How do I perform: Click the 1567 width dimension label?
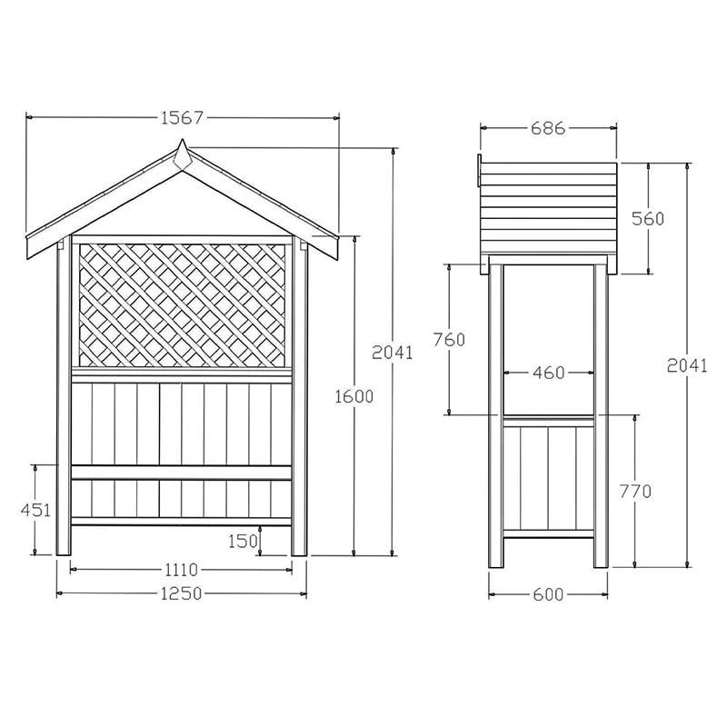pos(181,117)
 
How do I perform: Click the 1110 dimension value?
pos(181,570)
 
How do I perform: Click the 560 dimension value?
pos(649,218)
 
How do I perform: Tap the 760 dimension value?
pos(449,339)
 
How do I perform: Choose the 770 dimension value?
pos(635,491)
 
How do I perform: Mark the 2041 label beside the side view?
pos(687,364)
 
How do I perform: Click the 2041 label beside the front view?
pos(393,352)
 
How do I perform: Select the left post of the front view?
pos(64,400)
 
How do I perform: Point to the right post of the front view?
pos(300,400)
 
